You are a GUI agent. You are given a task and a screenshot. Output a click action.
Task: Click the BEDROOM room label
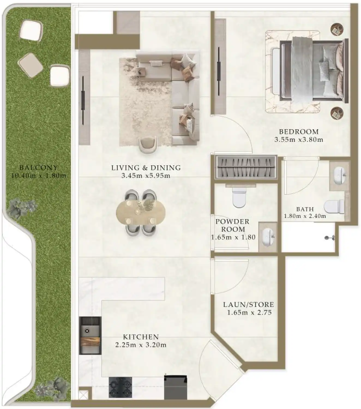pos(299,132)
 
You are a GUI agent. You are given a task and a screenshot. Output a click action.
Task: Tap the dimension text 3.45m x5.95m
pos(146,176)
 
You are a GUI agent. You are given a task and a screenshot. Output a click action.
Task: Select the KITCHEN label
pos(141,337)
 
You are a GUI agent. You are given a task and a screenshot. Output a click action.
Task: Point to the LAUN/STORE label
pos(248,305)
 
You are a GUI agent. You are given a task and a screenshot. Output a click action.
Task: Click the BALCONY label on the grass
pos(38,168)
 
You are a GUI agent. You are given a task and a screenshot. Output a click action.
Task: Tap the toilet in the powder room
pos(239,197)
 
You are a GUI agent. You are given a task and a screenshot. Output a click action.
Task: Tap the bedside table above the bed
pos(337,29)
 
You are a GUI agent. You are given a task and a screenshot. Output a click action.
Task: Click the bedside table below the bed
pos(337,113)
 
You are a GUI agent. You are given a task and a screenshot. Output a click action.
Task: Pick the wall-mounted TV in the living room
pos(83,100)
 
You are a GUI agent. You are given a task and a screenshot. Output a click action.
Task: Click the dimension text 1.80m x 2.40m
pos(305,216)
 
